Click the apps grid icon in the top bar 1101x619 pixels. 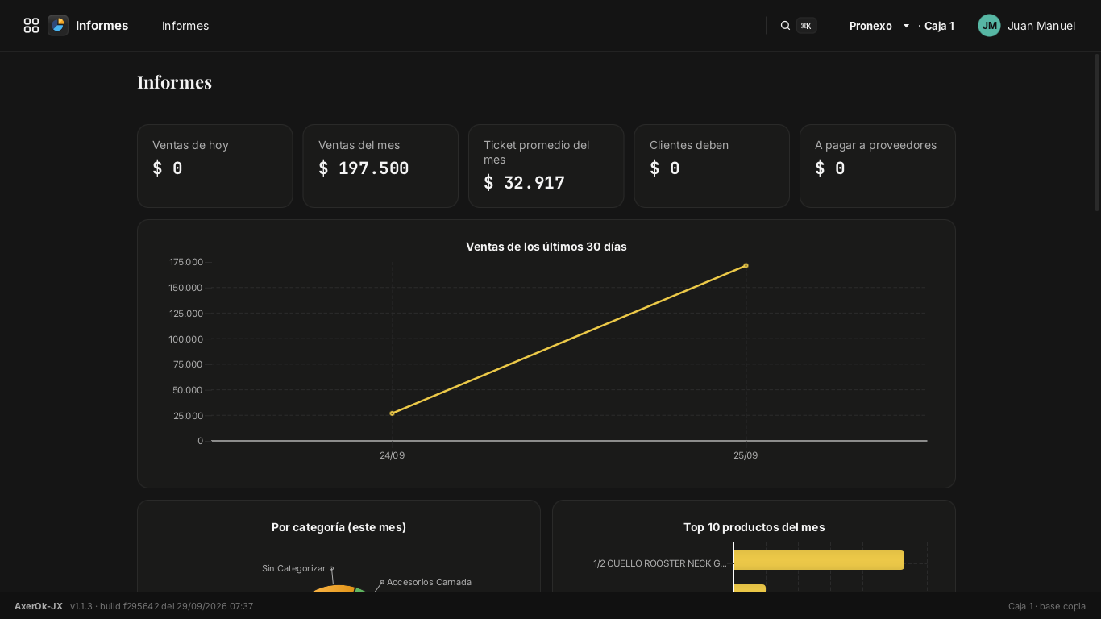[31, 26]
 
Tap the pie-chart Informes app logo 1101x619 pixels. [58, 26]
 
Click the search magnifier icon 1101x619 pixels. [785, 26]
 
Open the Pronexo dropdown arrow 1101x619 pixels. [906, 26]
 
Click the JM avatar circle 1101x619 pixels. [989, 26]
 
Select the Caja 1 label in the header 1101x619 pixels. [939, 26]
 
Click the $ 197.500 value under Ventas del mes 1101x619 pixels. [364, 168]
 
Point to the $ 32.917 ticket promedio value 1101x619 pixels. [524, 183]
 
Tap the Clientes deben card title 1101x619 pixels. [688, 145]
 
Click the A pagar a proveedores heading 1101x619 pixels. [875, 146]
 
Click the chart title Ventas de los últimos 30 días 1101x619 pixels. [546, 247]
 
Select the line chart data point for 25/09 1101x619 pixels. [746, 265]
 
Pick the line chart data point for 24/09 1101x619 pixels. [392, 413]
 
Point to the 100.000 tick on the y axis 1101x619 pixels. [186, 339]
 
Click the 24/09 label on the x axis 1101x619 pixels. [393, 455]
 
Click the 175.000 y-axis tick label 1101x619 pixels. [186, 262]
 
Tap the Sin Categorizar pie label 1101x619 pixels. [293, 568]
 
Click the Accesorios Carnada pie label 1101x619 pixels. [429, 582]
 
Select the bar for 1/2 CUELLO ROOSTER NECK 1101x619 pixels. [819, 560]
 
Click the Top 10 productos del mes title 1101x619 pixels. [754, 527]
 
